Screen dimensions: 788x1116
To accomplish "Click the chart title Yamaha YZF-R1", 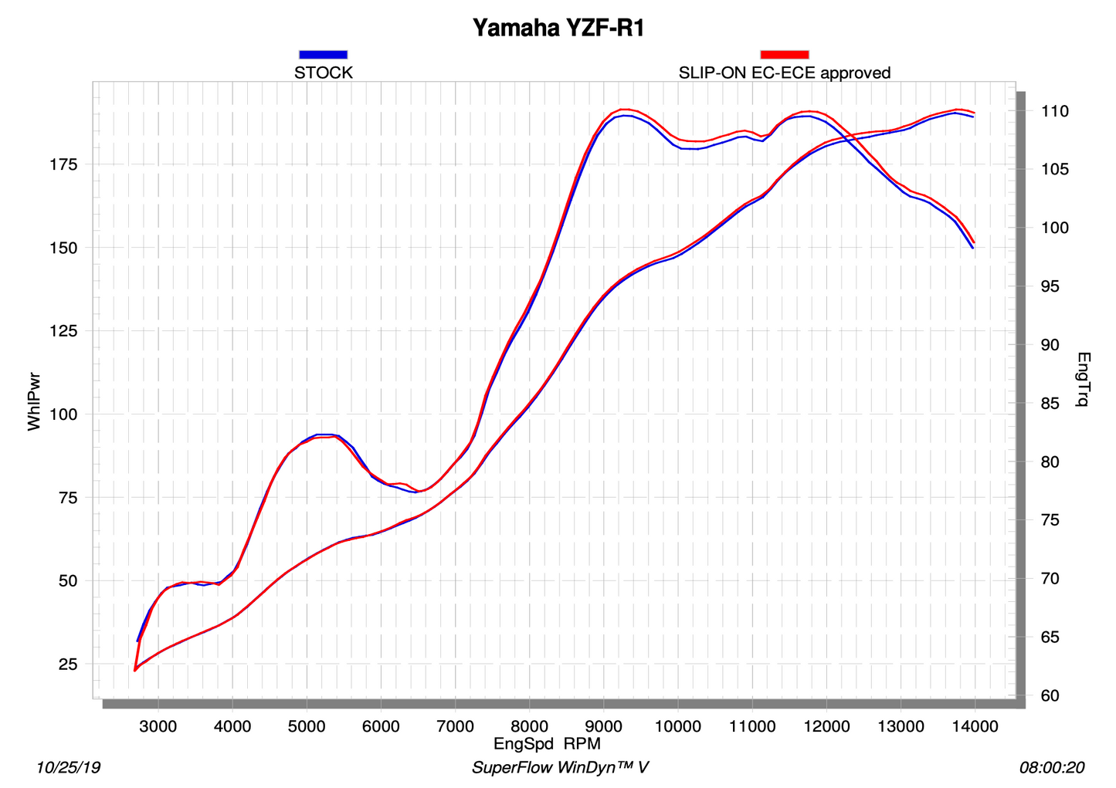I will coord(558,29).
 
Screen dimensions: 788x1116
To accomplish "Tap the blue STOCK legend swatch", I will coord(323,55).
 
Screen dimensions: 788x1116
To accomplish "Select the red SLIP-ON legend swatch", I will coord(784,55).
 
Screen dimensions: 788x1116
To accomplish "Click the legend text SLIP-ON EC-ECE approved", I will coord(784,73).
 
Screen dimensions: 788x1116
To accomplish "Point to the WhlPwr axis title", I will coord(34,401).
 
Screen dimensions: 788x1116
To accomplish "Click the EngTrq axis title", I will coord(1083,379).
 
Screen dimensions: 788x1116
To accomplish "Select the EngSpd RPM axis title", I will coord(547,744).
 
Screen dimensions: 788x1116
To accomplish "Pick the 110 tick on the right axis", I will coord(1054,112).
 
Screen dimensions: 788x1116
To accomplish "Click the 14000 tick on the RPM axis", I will coord(974,726).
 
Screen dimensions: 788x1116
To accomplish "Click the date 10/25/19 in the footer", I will coord(68,768).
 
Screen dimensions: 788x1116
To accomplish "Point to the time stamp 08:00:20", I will coord(1052,768).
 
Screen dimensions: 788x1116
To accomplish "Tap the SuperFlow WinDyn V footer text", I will coord(559,768).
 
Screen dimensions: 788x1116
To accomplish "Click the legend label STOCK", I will coord(323,73).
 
